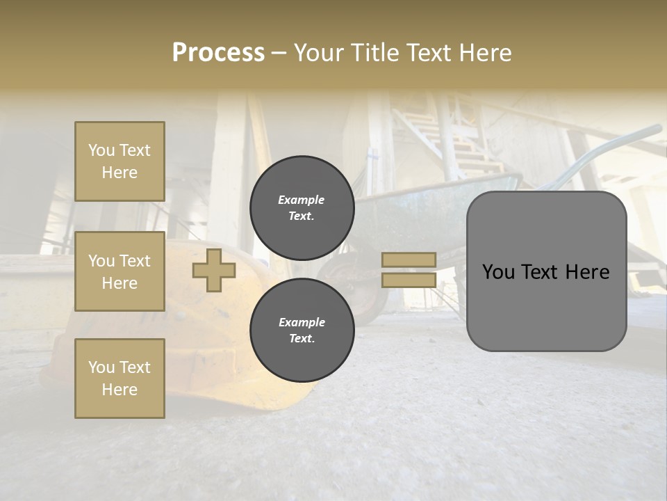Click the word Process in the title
(x=218, y=53)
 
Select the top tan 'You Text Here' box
(x=120, y=161)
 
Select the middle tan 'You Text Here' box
(x=120, y=271)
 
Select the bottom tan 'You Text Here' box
(x=120, y=379)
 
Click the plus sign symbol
(x=214, y=271)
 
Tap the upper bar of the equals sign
(x=409, y=260)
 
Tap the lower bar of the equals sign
(x=409, y=280)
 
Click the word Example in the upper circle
(x=302, y=200)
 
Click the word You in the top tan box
(x=101, y=150)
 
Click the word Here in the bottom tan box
(x=120, y=390)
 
